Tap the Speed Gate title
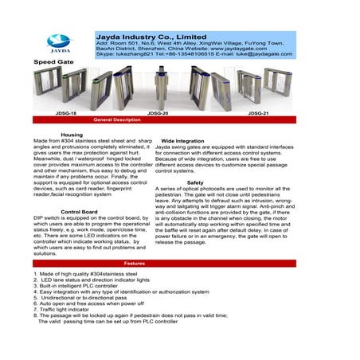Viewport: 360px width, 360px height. (50, 61)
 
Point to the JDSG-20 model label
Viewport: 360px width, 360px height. (158, 114)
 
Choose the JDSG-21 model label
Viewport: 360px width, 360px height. (258, 114)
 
